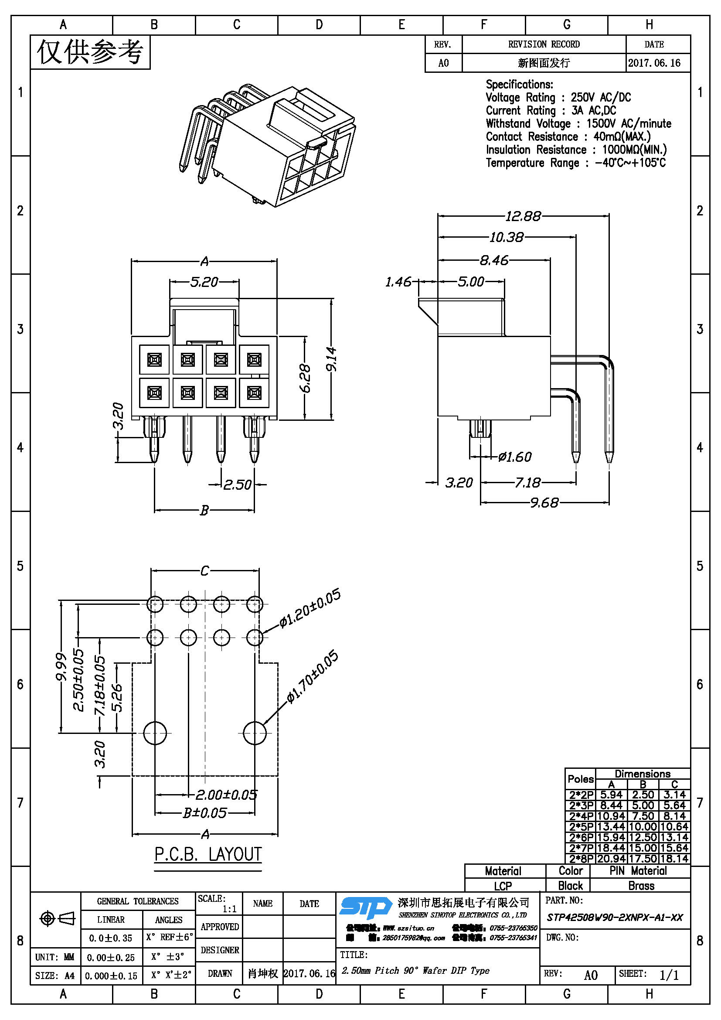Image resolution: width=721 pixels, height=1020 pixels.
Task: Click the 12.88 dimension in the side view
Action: (x=523, y=216)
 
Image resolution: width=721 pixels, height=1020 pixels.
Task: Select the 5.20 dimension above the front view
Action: (x=204, y=282)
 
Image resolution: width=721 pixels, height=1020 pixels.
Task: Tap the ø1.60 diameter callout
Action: (x=514, y=457)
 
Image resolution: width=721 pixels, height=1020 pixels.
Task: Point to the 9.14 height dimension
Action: (x=332, y=359)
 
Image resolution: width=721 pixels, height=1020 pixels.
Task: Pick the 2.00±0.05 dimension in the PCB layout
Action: (x=226, y=794)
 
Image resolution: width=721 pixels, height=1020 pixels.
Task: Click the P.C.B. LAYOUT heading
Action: (x=208, y=854)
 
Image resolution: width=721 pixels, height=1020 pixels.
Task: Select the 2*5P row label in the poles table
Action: (x=581, y=827)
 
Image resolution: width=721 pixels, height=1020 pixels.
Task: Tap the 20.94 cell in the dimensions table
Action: (x=611, y=859)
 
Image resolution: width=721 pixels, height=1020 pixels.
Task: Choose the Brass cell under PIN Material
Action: (x=641, y=886)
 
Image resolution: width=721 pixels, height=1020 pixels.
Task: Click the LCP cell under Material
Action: (x=503, y=886)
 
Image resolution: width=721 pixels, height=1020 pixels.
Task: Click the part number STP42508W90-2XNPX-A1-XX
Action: (x=615, y=918)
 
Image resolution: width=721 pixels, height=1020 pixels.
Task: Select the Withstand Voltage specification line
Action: (x=578, y=123)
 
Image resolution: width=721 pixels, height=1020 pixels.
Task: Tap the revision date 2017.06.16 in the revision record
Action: (x=654, y=63)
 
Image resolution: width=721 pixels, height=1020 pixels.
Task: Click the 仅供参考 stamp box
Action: (x=90, y=52)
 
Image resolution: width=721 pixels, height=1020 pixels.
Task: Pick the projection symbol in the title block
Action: (x=57, y=918)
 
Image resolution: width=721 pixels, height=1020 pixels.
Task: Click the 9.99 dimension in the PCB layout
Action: (x=61, y=666)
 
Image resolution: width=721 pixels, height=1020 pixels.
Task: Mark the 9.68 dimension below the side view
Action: (x=544, y=502)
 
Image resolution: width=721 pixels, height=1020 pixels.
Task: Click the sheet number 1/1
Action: (x=669, y=975)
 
